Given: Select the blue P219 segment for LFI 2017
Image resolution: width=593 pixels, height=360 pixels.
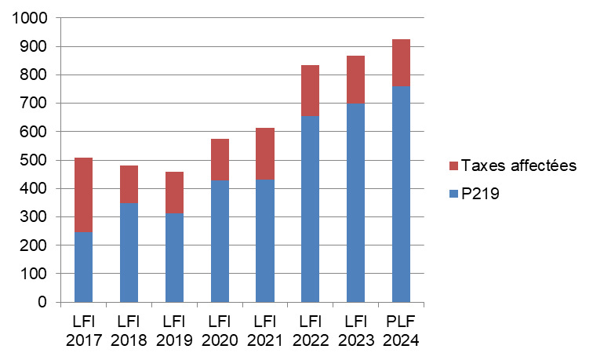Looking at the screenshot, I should (x=83, y=267).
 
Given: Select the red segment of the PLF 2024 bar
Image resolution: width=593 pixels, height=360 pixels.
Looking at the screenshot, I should (x=401, y=62).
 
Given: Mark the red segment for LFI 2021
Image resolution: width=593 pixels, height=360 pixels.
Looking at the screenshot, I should (x=265, y=154).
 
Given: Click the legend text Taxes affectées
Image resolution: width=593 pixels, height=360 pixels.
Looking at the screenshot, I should (x=518, y=165).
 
